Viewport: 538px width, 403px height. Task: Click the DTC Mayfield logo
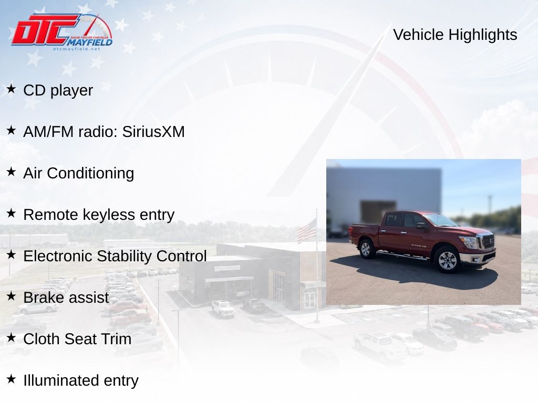pos(62,32)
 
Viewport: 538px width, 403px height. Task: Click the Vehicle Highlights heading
pos(455,35)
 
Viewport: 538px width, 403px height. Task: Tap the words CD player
pos(58,90)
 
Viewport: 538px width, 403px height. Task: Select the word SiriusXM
pos(153,132)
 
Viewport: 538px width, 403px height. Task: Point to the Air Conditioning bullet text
pos(79,173)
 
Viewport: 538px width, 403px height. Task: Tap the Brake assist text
pos(66,298)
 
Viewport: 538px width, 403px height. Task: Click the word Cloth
pos(42,339)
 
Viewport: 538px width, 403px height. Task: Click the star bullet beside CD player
pos(11,89)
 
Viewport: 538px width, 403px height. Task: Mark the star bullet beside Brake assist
pos(11,296)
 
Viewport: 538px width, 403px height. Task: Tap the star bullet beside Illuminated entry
pos(11,379)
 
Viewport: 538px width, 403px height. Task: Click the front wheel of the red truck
pos(447,260)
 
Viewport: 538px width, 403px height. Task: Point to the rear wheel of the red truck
pos(366,248)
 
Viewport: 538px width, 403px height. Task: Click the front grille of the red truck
pos(488,241)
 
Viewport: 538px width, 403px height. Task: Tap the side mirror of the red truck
pos(421,226)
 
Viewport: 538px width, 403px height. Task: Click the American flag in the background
pos(307,231)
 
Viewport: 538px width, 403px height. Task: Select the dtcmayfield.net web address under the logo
pos(76,49)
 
